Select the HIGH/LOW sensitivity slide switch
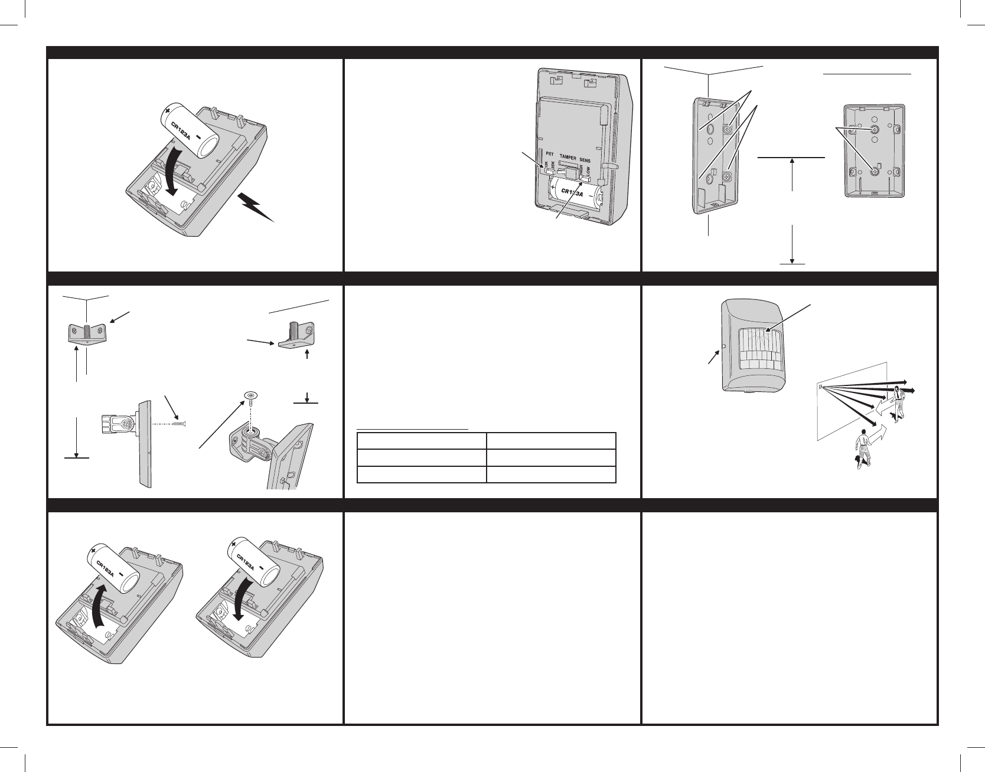[x=586, y=175]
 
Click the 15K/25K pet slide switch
[x=549, y=172]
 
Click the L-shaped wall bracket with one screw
[x=295, y=339]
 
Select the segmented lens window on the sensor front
[x=760, y=349]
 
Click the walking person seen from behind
[x=864, y=449]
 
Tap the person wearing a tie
[x=899, y=401]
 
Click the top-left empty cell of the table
[x=422, y=441]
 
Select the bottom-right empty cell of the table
[x=551, y=475]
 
